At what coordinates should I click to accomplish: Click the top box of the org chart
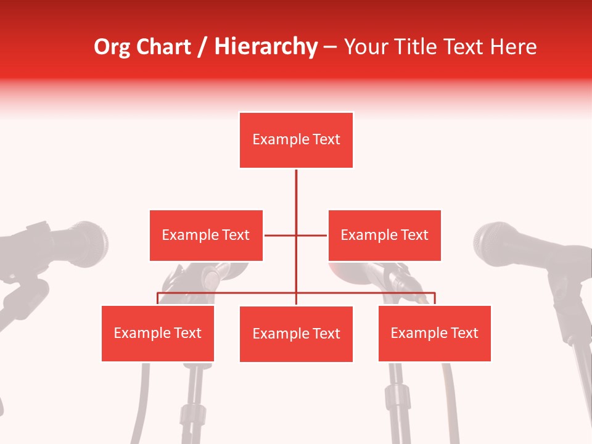click(x=296, y=140)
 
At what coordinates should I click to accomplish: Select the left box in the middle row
click(x=206, y=235)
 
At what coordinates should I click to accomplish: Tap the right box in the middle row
click(x=384, y=235)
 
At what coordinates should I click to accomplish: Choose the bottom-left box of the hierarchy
click(x=158, y=333)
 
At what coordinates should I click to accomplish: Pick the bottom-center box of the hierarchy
click(x=296, y=334)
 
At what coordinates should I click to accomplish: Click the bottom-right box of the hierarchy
click(x=434, y=333)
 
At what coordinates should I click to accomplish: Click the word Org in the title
click(x=112, y=47)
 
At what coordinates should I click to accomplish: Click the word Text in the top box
click(x=326, y=139)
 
